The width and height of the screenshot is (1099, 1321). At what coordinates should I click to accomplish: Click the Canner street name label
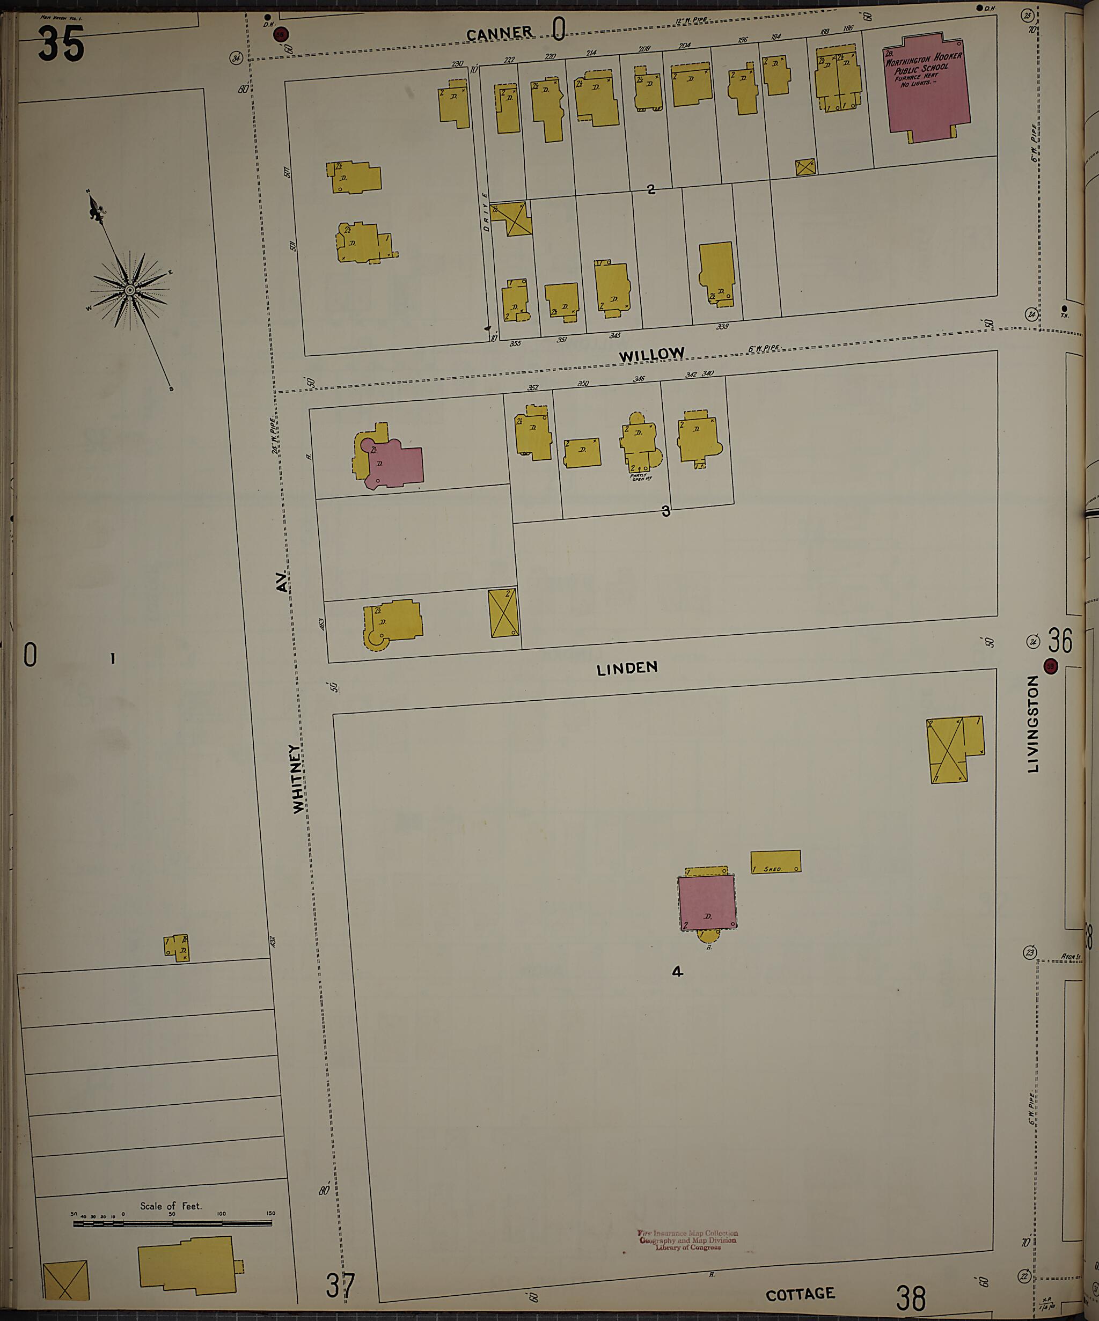pos(499,33)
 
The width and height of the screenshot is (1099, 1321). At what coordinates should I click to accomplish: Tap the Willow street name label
pos(651,355)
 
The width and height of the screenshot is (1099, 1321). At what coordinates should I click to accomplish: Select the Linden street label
pos(627,668)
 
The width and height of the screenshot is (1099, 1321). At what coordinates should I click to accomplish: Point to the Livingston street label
pos(1032,724)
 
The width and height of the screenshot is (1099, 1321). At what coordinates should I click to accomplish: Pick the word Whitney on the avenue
pos(297,779)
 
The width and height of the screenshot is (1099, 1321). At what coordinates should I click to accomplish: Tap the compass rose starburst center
pos(129,290)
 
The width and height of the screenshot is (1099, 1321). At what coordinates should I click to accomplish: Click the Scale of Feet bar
pos(172,1223)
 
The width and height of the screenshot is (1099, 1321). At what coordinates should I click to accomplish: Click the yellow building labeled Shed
pos(775,862)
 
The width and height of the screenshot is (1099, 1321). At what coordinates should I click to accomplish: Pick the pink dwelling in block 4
pos(706,902)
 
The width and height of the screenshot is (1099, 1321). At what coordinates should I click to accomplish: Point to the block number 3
pos(665,512)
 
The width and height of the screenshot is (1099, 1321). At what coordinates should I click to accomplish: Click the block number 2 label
pos(650,189)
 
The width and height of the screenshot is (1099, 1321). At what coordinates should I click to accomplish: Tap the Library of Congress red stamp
pos(687,1240)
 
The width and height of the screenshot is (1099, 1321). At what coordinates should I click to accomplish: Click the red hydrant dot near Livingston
pos(1051,667)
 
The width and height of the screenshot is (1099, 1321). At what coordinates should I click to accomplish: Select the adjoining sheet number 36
pos(1060,641)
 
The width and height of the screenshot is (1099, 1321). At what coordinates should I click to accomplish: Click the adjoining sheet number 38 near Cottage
pos(911,1297)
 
